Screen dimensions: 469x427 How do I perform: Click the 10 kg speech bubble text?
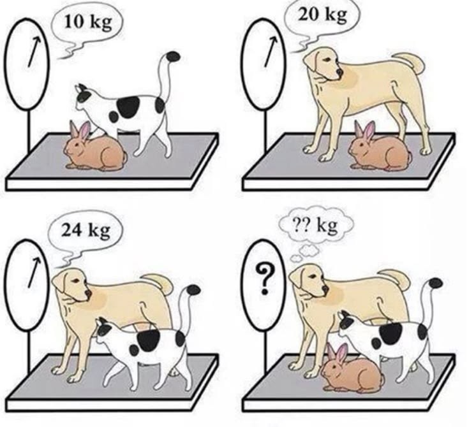click(88, 23)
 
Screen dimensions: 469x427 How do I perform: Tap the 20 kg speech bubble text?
click(323, 15)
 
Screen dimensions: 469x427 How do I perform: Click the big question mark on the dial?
click(264, 279)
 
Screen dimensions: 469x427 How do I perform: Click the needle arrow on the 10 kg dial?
click(33, 52)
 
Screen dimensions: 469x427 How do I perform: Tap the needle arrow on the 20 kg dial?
click(269, 52)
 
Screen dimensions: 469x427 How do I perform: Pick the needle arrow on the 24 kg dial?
click(33, 272)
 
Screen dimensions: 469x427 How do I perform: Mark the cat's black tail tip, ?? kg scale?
click(435, 283)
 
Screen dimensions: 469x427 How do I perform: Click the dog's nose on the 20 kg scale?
click(339, 72)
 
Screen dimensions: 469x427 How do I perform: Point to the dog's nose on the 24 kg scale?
click(88, 293)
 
